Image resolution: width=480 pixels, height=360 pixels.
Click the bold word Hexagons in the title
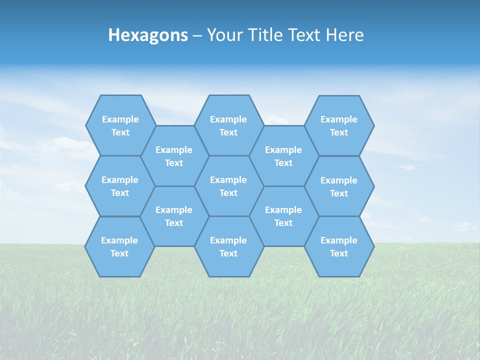[148, 35]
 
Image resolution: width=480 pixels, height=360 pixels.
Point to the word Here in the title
[344, 35]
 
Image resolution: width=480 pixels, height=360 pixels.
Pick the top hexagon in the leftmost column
[120, 125]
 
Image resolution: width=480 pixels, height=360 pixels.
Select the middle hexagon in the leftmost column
[120, 186]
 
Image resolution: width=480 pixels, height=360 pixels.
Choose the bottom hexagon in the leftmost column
[119, 246]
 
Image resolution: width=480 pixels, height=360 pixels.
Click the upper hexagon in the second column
[174, 156]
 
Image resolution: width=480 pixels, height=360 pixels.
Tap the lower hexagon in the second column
[174, 216]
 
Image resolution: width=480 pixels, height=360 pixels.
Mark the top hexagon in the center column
[228, 125]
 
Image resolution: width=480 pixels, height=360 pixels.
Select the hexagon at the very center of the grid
[228, 186]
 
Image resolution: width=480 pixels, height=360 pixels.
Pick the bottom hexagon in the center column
[228, 246]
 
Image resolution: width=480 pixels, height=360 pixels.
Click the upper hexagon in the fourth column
[283, 156]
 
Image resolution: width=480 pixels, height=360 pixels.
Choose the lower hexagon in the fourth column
[283, 216]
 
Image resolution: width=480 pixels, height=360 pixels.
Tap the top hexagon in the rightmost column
[339, 125]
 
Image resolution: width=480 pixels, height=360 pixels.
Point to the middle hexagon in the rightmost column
[339, 186]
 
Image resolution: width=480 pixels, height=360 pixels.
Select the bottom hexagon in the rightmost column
[339, 246]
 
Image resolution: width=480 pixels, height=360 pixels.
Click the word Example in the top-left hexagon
[120, 119]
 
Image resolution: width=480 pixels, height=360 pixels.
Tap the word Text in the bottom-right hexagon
[339, 253]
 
